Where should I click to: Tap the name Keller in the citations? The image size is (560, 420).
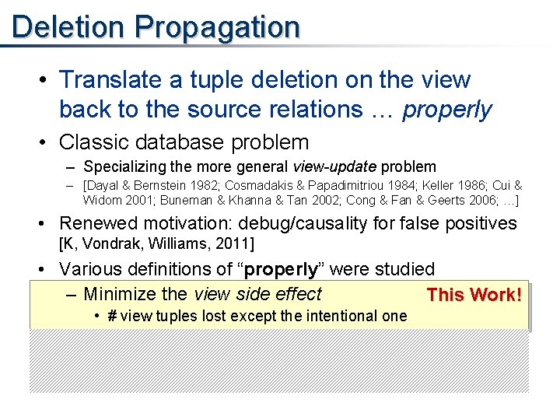(x=447, y=186)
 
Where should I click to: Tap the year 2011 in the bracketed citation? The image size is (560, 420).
(x=235, y=245)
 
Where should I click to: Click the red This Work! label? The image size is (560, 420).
(x=474, y=295)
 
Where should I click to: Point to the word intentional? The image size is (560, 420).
(x=339, y=315)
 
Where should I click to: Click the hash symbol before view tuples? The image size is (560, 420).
(x=112, y=315)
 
